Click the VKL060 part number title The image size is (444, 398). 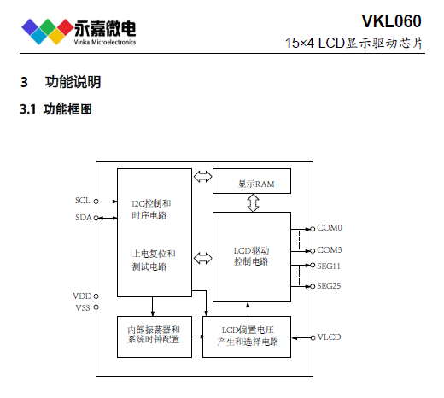point(391,21)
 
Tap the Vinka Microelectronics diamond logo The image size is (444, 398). point(47,32)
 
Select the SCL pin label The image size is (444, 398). point(83,201)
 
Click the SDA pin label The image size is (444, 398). point(83,218)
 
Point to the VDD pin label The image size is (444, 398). point(82,296)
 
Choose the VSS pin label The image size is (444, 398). point(83,307)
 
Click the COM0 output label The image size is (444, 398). point(330,228)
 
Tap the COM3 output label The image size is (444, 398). point(330,250)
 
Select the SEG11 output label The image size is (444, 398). point(329,266)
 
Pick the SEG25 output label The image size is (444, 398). point(329,286)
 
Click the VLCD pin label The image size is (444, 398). point(329,337)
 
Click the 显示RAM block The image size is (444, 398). point(252,181)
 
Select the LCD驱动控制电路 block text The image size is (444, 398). point(251,256)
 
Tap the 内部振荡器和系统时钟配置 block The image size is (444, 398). point(155,337)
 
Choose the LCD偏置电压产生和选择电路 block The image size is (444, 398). point(247,337)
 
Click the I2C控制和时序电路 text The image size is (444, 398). point(151,209)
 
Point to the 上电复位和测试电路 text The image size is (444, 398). point(154,260)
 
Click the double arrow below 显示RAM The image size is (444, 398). point(253,202)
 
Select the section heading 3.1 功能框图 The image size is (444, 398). point(55,109)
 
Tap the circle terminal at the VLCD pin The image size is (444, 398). point(313,337)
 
